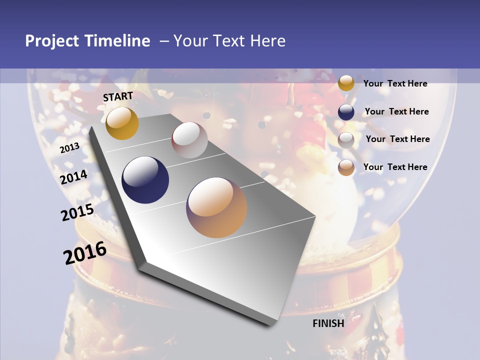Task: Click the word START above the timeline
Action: [118, 96]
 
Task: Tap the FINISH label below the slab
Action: [328, 323]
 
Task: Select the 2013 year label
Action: [69, 148]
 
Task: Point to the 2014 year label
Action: [74, 177]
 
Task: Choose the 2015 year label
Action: [77, 212]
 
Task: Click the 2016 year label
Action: [85, 253]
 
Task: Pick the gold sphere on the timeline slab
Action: [122, 123]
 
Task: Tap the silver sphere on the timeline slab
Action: [189, 140]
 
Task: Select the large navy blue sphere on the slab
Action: [145, 180]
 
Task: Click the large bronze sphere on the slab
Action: [216, 207]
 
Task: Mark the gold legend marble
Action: [346, 83]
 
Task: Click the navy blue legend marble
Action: [346, 111]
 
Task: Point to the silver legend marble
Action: [346, 139]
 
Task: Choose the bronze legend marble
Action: [346, 167]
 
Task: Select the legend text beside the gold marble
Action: [395, 83]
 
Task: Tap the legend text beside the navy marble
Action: [396, 111]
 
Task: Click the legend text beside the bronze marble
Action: [395, 167]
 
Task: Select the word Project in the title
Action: [51, 41]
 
